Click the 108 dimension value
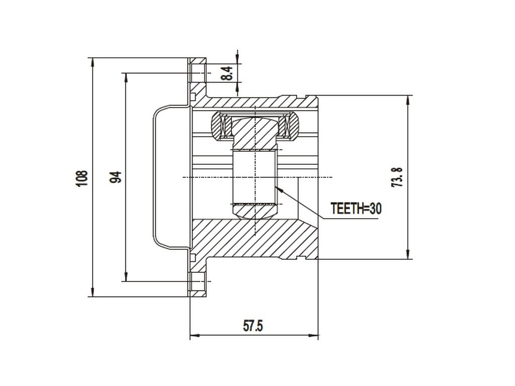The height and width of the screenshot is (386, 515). (x=82, y=178)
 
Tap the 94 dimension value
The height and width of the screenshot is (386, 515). (x=116, y=177)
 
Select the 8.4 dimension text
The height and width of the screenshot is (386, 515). (x=228, y=74)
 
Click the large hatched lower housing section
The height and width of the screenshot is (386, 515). (x=251, y=239)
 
